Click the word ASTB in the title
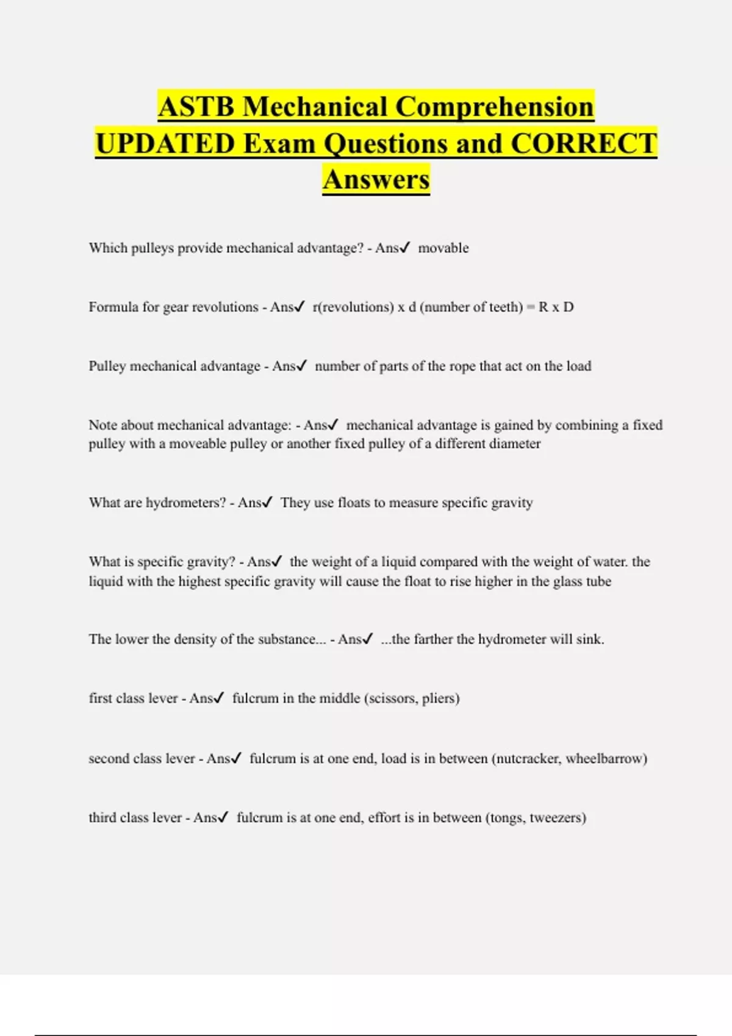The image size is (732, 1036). (196, 107)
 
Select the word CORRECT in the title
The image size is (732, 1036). (584, 144)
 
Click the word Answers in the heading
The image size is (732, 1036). (376, 180)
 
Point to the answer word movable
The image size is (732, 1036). (443, 248)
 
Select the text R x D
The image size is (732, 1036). (556, 307)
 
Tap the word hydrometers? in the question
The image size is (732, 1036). (186, 503)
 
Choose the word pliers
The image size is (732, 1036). (440, 698)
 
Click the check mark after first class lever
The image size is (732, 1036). (220, 698)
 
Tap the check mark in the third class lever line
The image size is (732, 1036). (224, 817)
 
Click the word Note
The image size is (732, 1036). (102, 425)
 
